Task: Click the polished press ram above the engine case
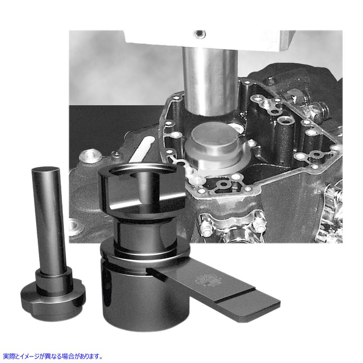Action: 209,81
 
